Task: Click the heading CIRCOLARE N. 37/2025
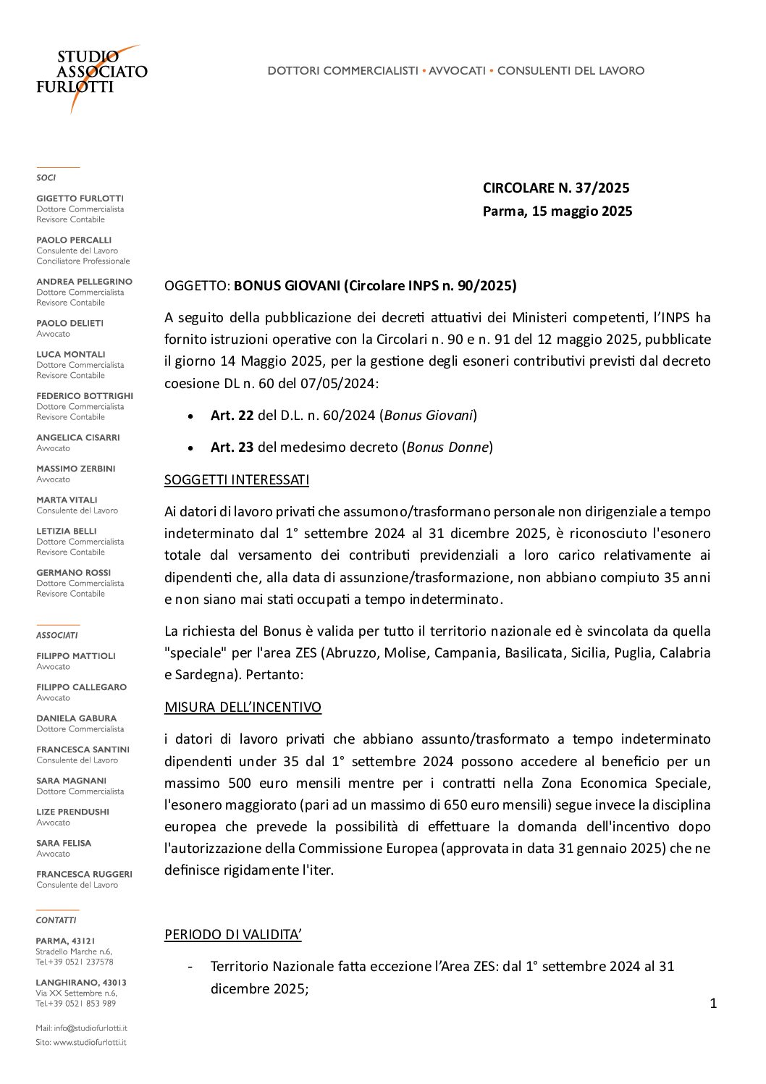(556, 188)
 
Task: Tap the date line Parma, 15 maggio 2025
(557, 211)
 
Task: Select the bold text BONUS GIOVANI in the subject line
(287, 286)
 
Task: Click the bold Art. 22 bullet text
(232, 416)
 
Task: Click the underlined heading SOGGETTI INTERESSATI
(237, 480)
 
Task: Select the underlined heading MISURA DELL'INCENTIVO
(243, 707)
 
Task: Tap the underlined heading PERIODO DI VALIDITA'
(232, 935)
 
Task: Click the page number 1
(713, 1004)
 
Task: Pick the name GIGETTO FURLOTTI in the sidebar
(80, 198)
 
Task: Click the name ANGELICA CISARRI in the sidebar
(78, 437)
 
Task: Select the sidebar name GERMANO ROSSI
(74, 573)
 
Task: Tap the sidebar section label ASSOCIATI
(57, 636)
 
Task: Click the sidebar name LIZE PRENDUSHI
(72, 812)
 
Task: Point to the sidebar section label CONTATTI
(56, 920)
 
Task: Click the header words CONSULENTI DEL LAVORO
(571, 71)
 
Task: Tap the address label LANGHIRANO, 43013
(81, 983)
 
